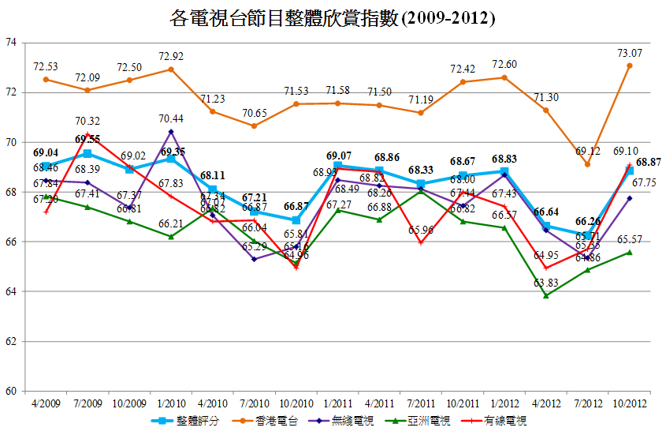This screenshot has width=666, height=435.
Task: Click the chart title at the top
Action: pos(333,17)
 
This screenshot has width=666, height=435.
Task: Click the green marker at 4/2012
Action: pos(545,295)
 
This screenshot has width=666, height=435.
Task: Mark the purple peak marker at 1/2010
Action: pos(171,131)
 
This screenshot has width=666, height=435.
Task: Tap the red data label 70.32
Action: pos(87,121)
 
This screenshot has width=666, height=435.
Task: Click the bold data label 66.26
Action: pos(587,222)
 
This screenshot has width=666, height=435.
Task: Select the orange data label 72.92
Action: pos(171,56)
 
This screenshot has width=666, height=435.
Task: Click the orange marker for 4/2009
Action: pos(46,79)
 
